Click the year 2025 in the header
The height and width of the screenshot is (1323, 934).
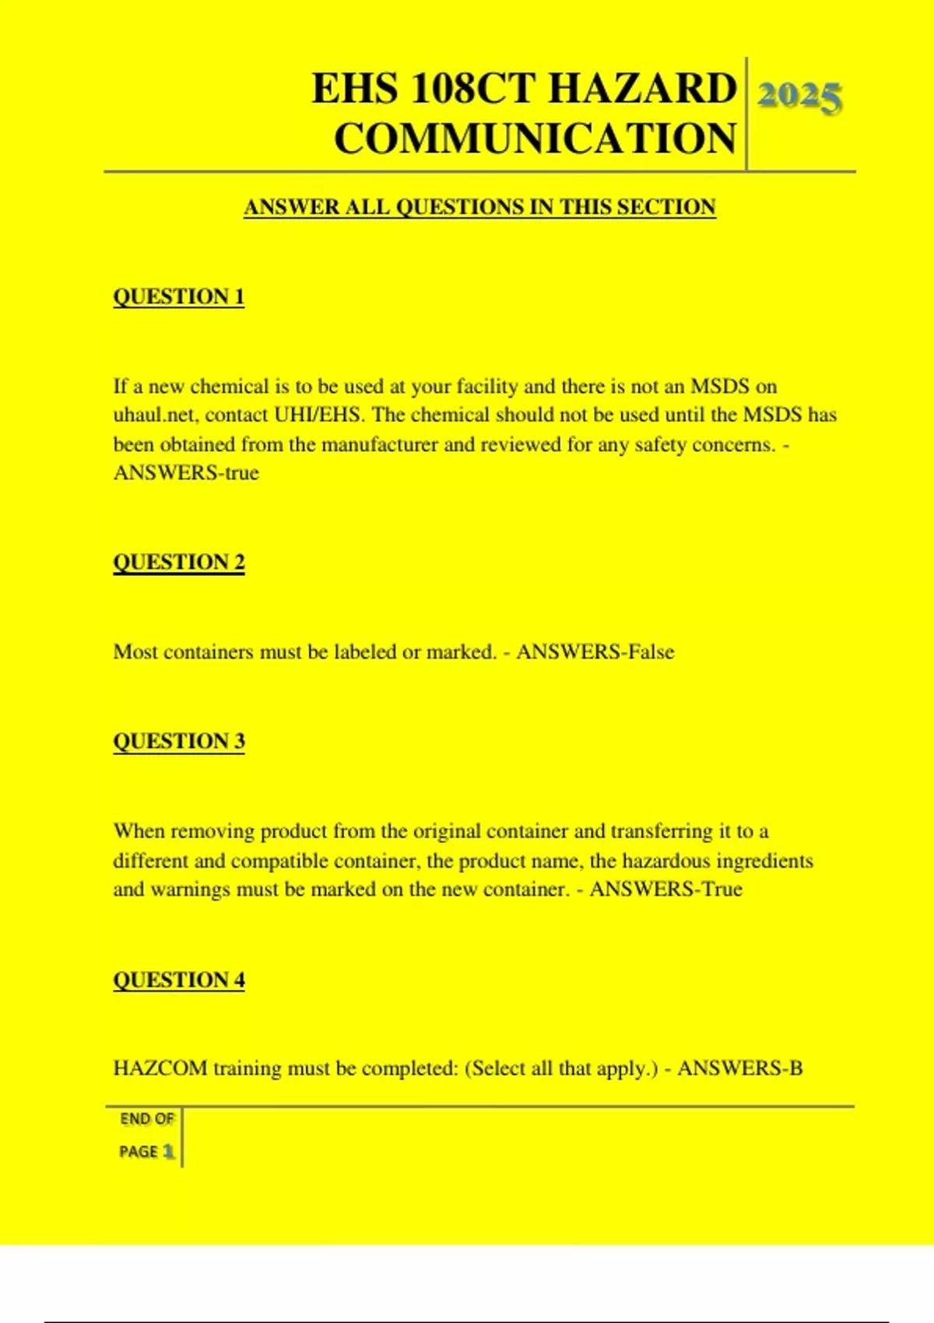tap(799, 97)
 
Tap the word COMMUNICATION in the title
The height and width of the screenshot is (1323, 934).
tap(535, 139)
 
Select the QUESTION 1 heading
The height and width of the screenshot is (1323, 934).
tap(178, 297)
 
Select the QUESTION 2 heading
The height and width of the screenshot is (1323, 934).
tap(178, 562)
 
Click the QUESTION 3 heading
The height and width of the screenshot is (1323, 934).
tap(178, 741)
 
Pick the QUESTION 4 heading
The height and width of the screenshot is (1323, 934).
tap(178, 980)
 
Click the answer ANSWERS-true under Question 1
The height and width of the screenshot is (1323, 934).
tap(186, 473)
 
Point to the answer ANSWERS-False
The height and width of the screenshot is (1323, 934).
tap(595, 652)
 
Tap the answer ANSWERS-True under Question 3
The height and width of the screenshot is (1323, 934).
tap(666, 890)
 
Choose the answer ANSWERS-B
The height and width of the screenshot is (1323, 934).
tap(739, 1069)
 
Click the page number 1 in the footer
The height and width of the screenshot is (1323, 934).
tap(168, 1152)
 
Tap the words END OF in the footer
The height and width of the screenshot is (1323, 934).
tap(146, 1119)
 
